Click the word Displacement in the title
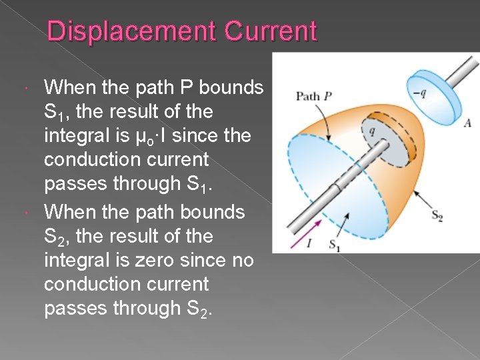131,31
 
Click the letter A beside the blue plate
467,122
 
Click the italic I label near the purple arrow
309,243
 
